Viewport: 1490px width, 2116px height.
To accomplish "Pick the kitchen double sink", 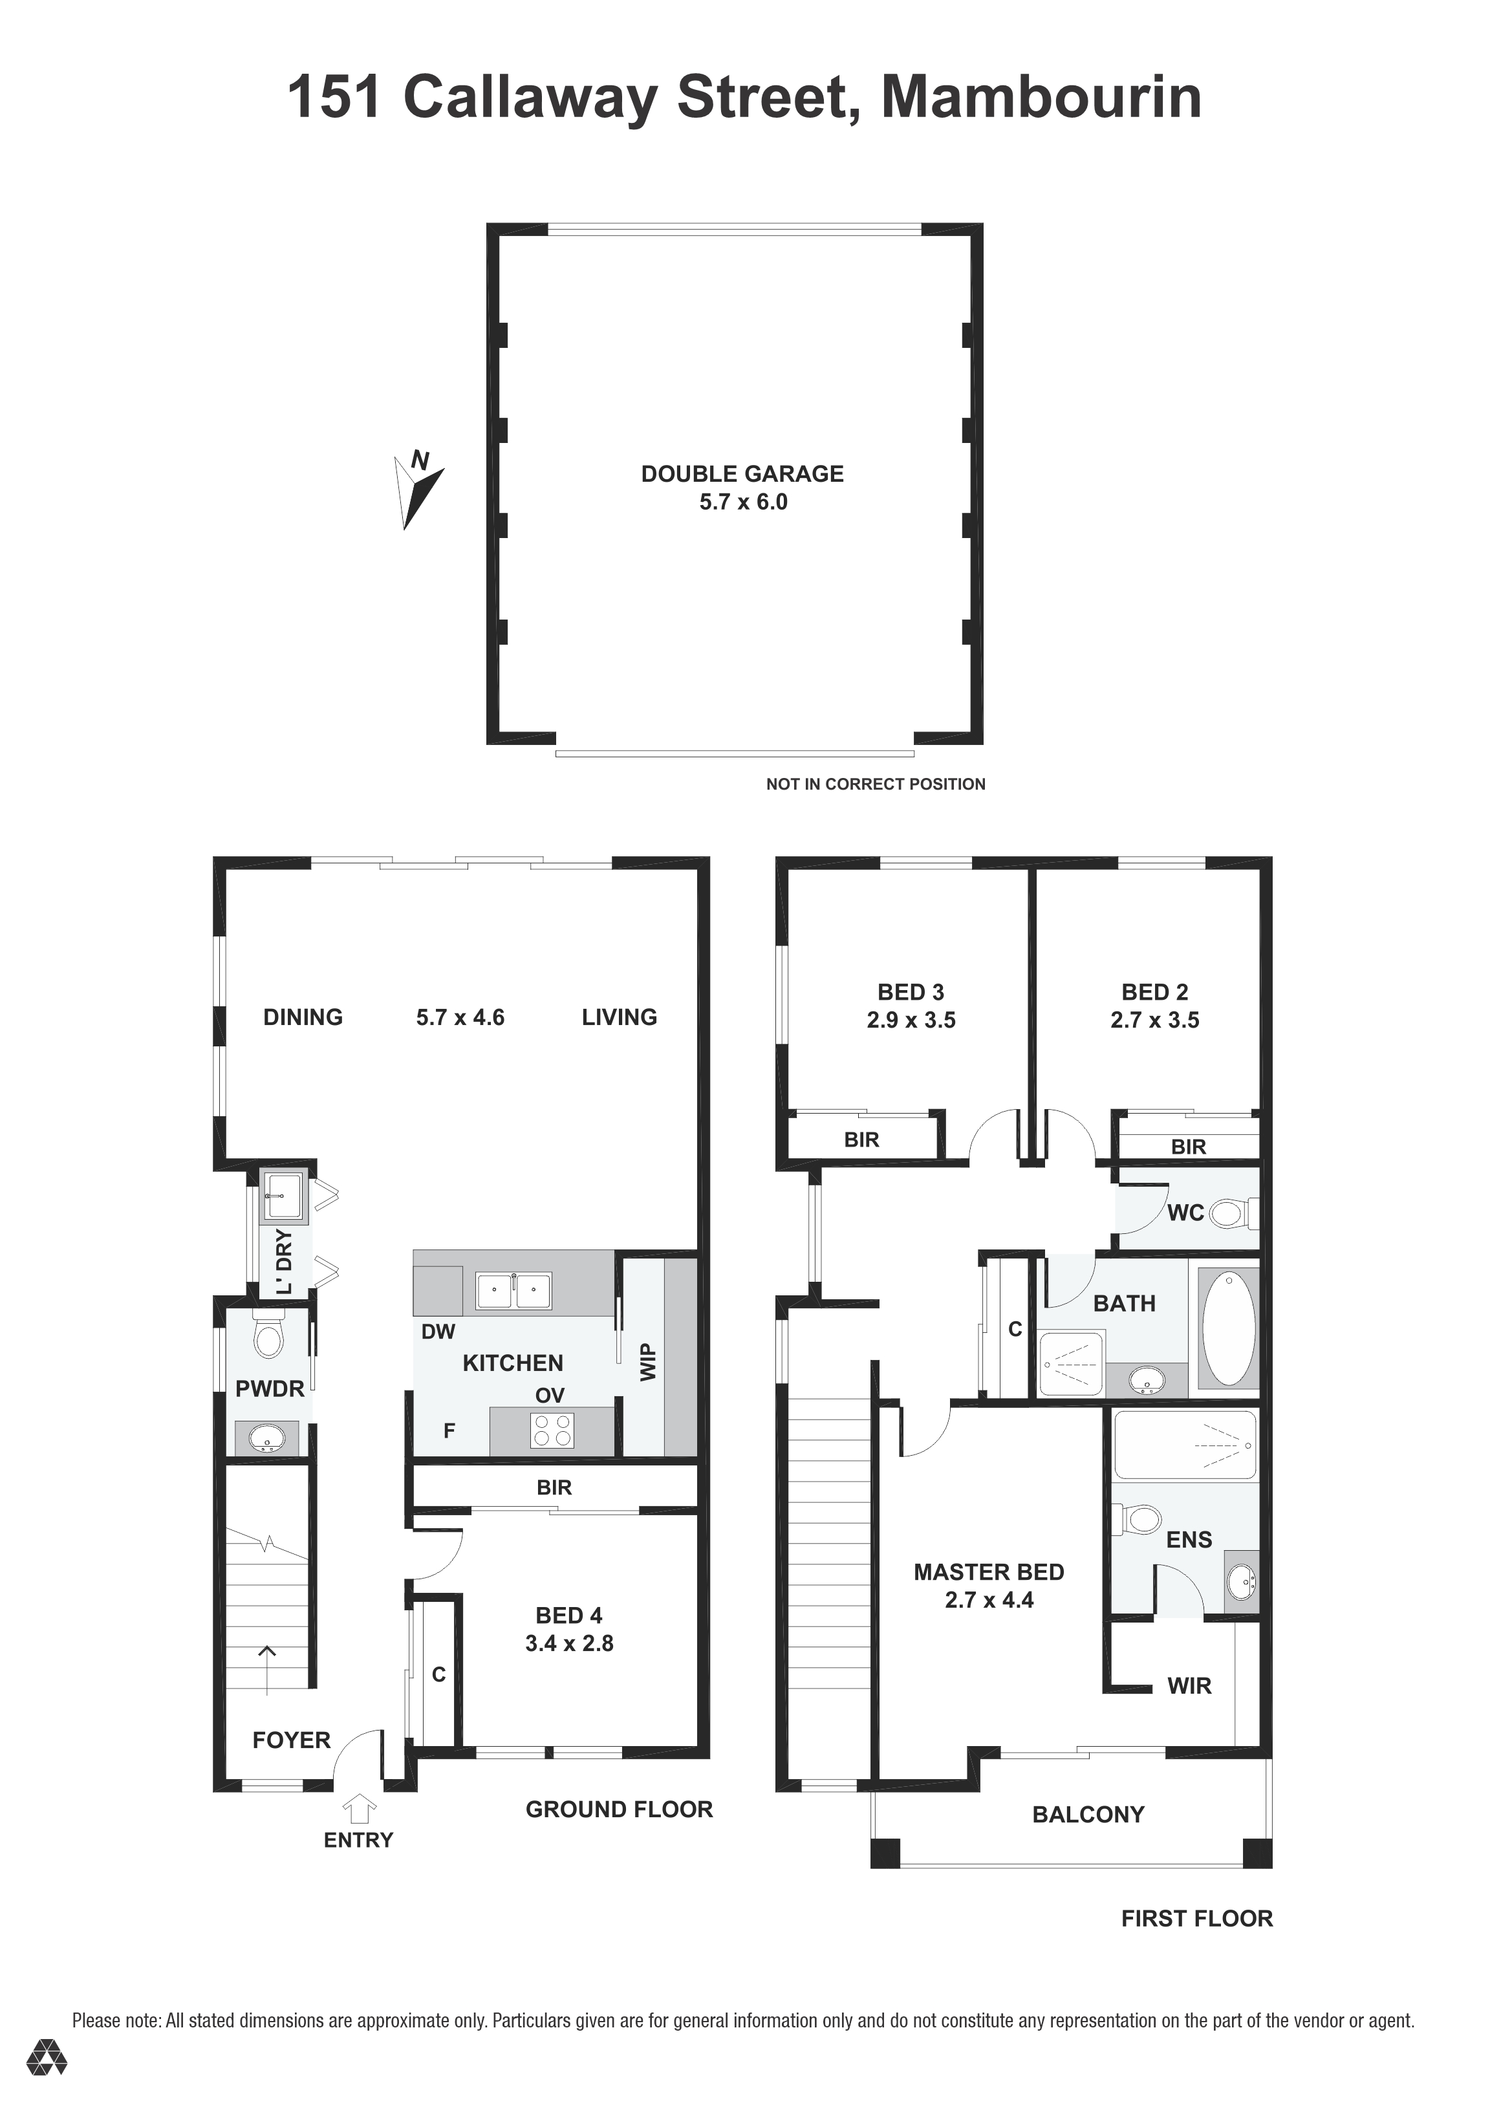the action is (513, 1290).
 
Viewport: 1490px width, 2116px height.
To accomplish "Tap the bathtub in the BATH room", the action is (1228, 1327).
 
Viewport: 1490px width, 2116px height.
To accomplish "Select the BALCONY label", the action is (1088, 1814).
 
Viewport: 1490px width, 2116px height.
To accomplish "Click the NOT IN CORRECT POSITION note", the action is (876, 784).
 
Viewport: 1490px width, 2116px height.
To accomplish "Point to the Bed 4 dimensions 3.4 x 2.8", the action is (570, 1643).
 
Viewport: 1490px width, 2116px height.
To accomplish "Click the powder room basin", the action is (266, 1438).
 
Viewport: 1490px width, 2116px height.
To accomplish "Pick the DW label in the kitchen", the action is (438, 1332).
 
